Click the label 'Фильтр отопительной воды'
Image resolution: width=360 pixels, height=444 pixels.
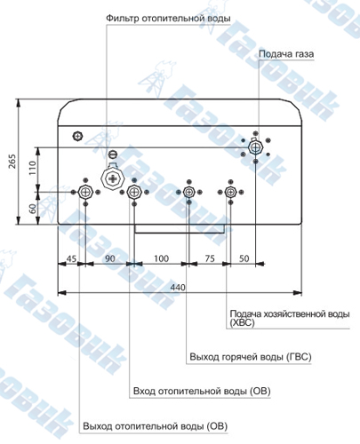[x=168, y=19]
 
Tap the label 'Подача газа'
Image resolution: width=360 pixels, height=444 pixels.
[x=286, y=54]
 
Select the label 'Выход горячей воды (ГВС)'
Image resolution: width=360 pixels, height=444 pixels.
[x=251, y=357]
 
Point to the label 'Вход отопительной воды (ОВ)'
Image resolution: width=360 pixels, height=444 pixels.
[x=202, y=392]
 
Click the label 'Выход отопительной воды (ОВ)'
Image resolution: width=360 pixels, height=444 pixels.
[x=155, y=426]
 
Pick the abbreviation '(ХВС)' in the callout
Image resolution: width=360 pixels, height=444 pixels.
[x=242, y=323]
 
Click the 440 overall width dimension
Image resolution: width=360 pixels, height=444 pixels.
[x=178, y=287]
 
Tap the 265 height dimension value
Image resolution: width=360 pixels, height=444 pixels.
[x=12, y=162]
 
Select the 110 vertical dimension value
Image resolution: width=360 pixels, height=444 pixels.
[x=32, y=168]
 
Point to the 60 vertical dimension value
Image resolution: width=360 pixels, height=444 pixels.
[x=33, y=209]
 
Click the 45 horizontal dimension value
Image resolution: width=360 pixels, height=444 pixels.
[x=71, y=258]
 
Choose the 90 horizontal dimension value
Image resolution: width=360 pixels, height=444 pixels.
[x=110, y=258]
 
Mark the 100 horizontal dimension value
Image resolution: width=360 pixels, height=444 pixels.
[x=161, y=258]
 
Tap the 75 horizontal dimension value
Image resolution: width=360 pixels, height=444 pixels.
[x=210, y=258]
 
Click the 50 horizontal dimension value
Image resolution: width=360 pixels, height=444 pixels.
[x=244, y=258]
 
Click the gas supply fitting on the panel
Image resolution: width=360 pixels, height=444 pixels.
[x=255, y=147]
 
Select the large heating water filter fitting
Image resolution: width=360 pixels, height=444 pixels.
[x=113, y=178]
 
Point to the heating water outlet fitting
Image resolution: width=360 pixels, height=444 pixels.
[x=85, y=192]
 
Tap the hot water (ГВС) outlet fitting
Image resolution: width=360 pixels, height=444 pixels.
[x=188, y=192]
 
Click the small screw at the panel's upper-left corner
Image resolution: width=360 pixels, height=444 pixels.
[x=77, y=136]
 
